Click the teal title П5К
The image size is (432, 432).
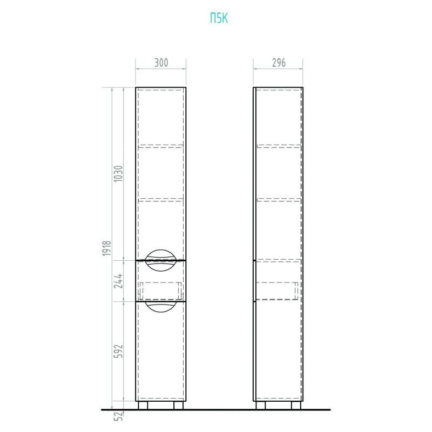219,18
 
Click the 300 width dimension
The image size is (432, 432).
161,63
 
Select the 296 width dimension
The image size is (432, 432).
279,63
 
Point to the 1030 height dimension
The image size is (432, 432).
118,173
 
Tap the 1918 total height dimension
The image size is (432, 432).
106,248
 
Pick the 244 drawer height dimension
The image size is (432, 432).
118,281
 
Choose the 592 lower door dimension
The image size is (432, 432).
118,351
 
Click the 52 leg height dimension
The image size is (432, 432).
118,416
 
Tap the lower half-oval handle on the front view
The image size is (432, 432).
160,307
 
